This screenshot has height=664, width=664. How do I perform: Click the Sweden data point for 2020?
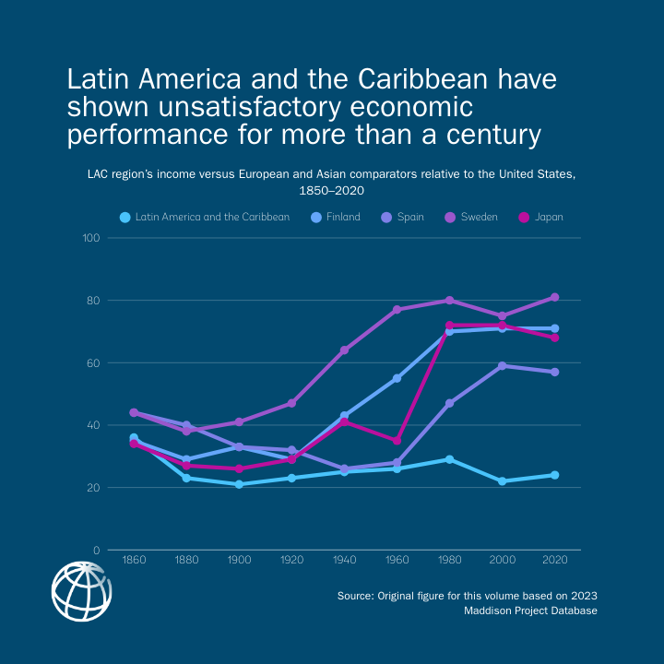click(x=554, y=297)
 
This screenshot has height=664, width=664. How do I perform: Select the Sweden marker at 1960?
click(x=397, y=310)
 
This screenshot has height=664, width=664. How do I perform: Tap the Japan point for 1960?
click(x=397, y=441)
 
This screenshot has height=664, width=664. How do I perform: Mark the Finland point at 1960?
click(x=397, y=378)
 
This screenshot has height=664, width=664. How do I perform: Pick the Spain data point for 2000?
click(x=502, y=366)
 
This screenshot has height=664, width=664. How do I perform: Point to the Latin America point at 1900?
click(x=239, y=484)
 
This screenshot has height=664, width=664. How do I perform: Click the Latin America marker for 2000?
click(x=502, y=481)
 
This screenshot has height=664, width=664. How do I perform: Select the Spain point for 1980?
click(x=449, y=403)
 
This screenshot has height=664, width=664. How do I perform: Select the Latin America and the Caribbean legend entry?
click(x=205, y=218)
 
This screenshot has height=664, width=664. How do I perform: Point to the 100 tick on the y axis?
click(x=90, y=238)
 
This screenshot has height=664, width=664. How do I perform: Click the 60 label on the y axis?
click(x=93, y=362)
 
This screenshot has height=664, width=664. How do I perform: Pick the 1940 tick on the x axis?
click(x=344, y=560)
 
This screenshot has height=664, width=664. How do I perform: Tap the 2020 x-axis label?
click(x=554, y=560)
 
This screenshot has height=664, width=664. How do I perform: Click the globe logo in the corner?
click(x=82, y=591)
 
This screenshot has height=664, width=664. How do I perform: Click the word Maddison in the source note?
click(x=496, y=611)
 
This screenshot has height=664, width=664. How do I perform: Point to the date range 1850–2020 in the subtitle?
click(x=332, y=191)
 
